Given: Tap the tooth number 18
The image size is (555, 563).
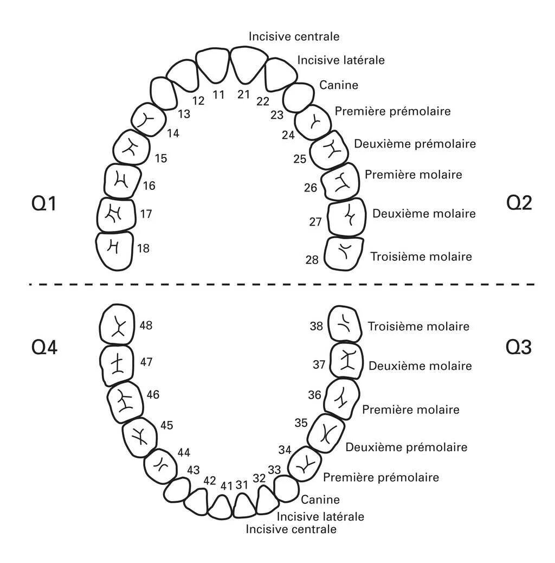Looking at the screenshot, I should (143, 248).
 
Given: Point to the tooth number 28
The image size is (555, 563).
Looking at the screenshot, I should (312, 260).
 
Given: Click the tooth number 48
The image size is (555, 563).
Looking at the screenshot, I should (145, 325).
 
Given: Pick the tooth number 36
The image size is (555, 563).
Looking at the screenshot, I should (315, 395).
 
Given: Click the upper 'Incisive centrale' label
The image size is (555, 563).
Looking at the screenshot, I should (294, 37).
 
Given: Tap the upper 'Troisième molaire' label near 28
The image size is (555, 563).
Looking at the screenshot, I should (421, 257).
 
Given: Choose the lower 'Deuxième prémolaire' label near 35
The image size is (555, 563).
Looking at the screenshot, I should (406, 447).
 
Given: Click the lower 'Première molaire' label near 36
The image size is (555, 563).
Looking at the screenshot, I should (410, 410).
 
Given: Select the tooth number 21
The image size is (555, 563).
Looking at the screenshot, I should (244, 95).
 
